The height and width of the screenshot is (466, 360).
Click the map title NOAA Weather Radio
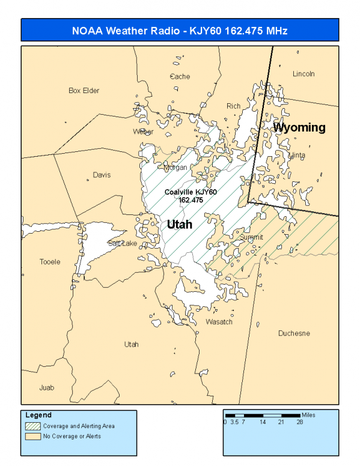click(x=180, y=31)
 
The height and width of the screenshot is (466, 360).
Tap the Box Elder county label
click(x=84, y=91)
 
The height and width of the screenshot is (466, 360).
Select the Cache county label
click(x=180, y=76)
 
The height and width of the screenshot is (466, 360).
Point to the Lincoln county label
click(x=304, y=74)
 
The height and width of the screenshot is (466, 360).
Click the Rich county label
click(x=233, y=106)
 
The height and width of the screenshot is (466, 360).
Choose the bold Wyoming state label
click(x=299, y=127)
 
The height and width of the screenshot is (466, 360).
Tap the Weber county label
click(x=144, y=132)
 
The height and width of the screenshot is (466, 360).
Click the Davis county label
click(x=102, y=175)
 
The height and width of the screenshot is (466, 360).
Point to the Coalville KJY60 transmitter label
click(x=191, y=192)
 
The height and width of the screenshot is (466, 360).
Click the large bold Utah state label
click(x=179, y=224)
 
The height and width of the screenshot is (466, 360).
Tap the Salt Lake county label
click(x=123, y=243)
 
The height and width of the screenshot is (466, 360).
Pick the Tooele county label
click(x=50, y=262)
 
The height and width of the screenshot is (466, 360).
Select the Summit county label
click(x=251, y=238)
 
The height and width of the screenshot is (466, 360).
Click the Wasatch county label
click(x=219, y=322)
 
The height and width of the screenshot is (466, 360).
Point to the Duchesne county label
click(x=294, y=333)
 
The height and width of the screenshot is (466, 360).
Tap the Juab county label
click(x=46, y=387)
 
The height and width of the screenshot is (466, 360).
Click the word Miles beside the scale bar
click(x=308, y=415)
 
